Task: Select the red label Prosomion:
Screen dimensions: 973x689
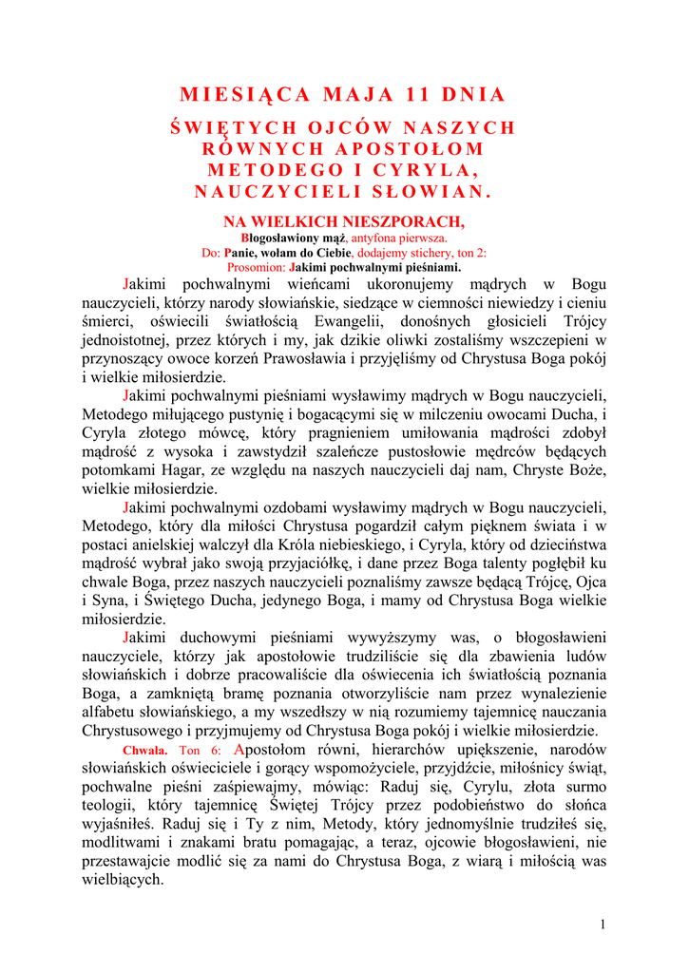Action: click(x=256, y=268)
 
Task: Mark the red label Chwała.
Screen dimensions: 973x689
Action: click(x=145, y=751)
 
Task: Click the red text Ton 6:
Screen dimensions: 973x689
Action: click(x=200, y=751)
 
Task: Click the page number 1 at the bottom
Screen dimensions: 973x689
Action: click(x=603, y=925)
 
